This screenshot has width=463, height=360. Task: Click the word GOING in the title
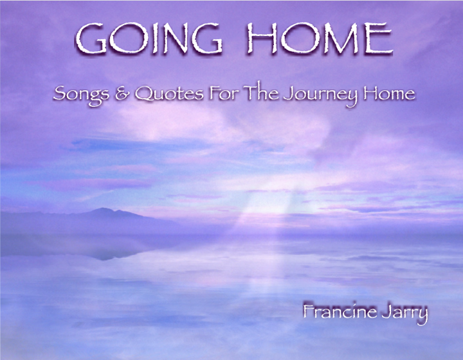tap(150, 40)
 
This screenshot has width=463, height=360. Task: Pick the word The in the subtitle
tap(258, 94)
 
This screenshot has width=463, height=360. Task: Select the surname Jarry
tap(406, 316)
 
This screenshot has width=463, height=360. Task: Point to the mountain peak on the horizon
tap(106, 210)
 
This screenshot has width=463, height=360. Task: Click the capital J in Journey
tap(288, 95)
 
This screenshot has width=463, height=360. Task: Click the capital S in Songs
tap(60, 94)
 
